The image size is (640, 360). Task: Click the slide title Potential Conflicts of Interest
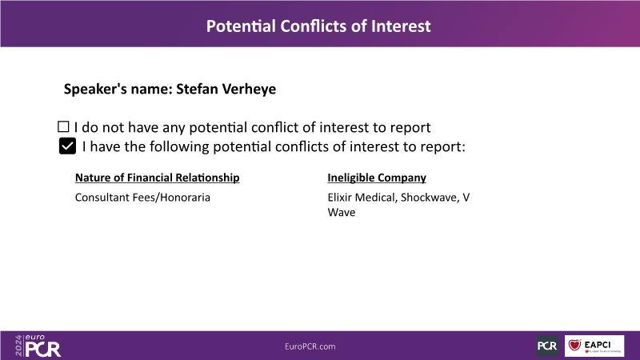318,26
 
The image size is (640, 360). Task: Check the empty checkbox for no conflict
63,126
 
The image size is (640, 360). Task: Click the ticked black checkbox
67,146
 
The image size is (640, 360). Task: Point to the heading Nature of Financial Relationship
157,178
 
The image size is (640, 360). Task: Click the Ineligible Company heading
377,178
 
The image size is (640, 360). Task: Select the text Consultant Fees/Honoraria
142,198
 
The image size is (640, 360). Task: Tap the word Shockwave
429,198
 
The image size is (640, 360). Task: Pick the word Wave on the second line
342,212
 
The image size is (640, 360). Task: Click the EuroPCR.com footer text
310,346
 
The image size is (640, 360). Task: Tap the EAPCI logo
594,346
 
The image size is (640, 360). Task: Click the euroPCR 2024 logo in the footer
38,346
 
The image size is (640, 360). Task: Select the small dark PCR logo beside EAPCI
547,346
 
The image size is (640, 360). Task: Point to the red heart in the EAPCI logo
574,346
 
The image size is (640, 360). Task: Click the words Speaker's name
118,89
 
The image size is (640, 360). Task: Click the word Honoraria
185,198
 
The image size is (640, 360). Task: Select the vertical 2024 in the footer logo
18,346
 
